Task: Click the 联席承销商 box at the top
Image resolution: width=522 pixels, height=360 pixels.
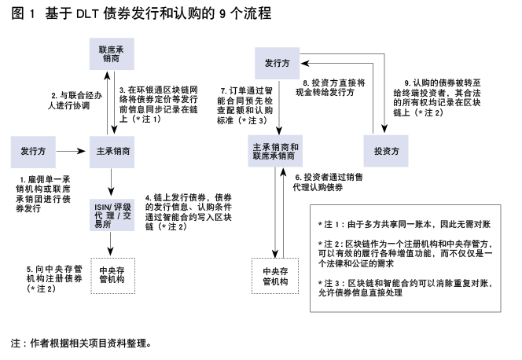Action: point(112,54)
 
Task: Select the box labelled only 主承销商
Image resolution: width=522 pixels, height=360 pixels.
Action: point(112,152)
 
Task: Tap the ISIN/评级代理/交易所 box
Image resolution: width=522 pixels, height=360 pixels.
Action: point(112,215)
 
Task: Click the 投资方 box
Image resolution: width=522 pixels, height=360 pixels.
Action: point(386,151)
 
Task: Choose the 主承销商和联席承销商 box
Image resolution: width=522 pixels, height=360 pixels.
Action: point(275,151)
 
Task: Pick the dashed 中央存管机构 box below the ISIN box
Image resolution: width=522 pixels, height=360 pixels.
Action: point(113,276)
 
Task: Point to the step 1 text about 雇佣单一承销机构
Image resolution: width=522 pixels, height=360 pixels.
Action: point(43,194)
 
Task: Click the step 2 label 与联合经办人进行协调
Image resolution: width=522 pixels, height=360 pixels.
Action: point(75,101)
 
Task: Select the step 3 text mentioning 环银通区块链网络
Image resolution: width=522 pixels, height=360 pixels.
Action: point(159,104)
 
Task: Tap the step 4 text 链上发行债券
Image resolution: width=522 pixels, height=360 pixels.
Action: point(189,212)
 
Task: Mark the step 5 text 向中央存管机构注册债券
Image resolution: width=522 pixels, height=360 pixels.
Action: point(54,279)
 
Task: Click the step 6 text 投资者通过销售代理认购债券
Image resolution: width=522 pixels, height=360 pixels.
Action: point(328,182)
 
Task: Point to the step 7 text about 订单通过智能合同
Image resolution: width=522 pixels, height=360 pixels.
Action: point(244,105)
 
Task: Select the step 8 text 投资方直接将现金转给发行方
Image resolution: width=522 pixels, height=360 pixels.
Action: point(330,87)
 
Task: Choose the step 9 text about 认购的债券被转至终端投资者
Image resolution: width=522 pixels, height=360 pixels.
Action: point(437,97)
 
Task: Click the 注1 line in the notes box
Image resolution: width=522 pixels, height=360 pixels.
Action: point(404,224)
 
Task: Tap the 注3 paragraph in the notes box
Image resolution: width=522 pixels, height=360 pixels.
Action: point(405,288)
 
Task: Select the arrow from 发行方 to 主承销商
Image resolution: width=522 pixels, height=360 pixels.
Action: point(71,152)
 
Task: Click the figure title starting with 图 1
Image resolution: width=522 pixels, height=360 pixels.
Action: point(142,13)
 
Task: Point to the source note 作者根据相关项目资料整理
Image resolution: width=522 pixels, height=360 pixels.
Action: point(81,343)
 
